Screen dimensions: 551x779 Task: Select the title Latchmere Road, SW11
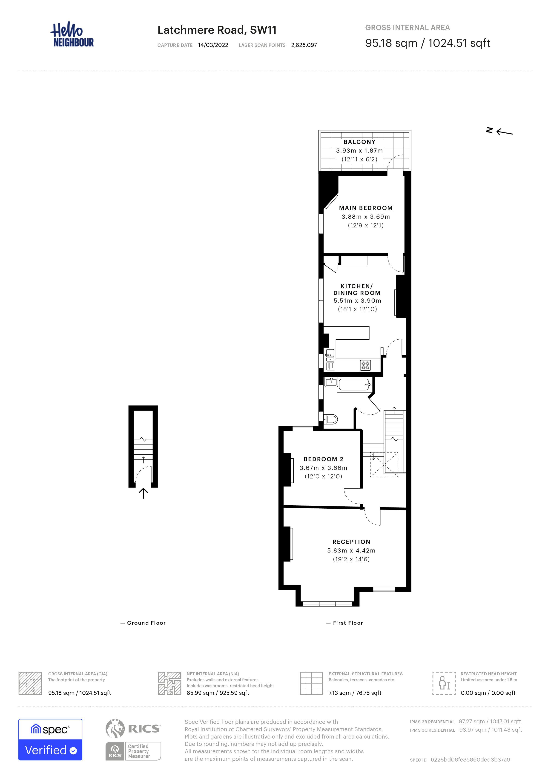[217, 30]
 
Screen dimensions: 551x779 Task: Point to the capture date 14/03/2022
[213, 45]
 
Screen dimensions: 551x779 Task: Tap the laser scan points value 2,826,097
[304, 45]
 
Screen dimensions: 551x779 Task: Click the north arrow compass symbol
[499, 131]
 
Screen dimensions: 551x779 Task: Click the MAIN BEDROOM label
[366, 208]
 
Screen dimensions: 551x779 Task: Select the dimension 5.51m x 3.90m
[357, 301]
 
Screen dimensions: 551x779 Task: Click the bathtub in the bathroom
[355, 385]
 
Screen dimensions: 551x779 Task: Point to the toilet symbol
[330, 419]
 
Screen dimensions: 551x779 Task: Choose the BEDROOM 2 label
[323, 459]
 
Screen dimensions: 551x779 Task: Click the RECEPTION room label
[351, 542]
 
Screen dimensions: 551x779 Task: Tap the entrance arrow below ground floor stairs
[143, 493]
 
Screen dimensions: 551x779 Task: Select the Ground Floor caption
[143, 623]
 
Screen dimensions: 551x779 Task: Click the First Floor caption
[345, 623]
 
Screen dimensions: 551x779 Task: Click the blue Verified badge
[50, 740]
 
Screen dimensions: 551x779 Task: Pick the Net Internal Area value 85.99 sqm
[218, 693]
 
